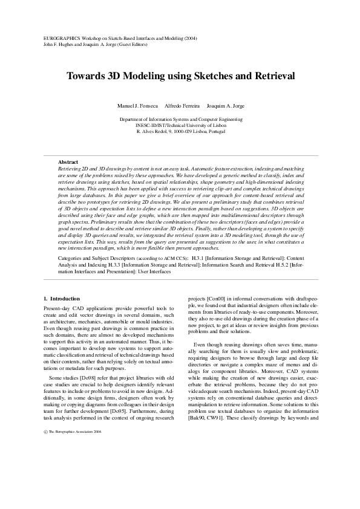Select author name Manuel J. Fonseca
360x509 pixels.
click(137, 106)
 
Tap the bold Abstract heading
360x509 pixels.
click(68, 162)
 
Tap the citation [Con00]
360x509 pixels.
click(216, 299)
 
